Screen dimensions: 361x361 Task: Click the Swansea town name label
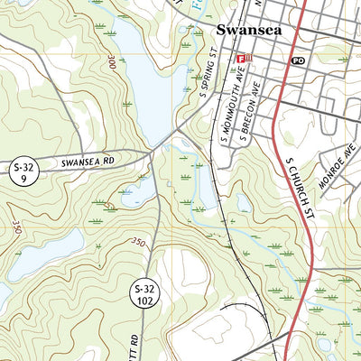click(248, 30)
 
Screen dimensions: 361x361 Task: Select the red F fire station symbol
click(241, 60)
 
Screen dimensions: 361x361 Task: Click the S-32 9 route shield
click(23, 172)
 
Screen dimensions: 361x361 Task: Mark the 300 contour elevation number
click(111, 63)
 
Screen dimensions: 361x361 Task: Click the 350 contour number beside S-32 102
click(137, 241)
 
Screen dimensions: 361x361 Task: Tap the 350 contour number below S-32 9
click(18, 218)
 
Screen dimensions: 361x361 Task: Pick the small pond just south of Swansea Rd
click(135, 191)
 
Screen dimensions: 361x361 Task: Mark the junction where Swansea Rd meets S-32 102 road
click(155, 153)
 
